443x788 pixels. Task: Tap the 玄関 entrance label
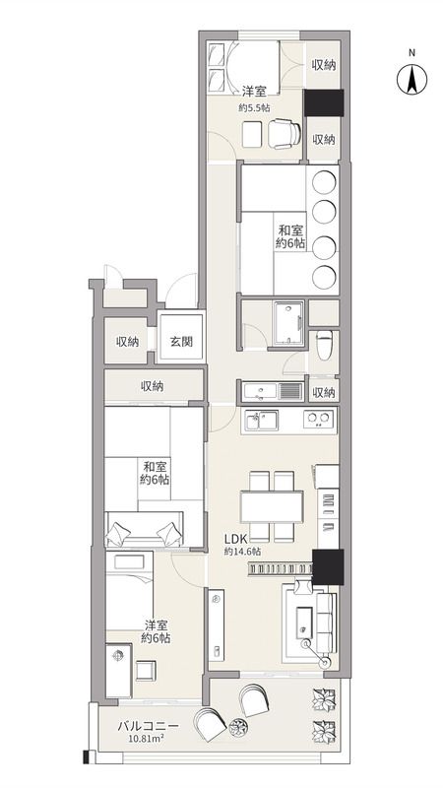181,342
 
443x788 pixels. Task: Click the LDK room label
233,539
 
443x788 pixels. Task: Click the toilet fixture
326,342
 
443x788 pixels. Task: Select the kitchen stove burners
317,421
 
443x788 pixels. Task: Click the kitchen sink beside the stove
261,422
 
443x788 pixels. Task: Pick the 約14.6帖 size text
241,553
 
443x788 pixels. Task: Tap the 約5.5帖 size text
254,107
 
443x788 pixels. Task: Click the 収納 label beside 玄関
127,342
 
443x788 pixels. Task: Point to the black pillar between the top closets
323,102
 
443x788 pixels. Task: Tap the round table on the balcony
237,728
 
